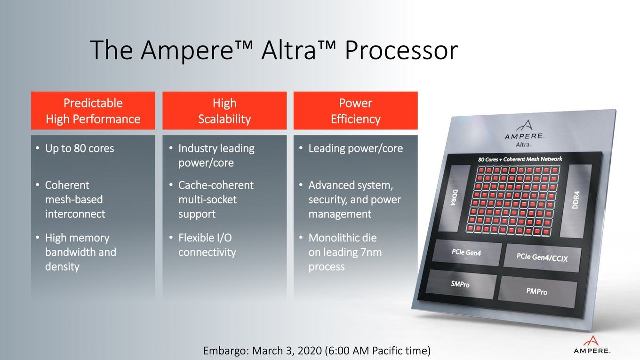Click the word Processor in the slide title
click(x=401, y=50)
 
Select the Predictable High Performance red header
click(x=93, y=111)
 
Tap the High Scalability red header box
click(x=224, y=111)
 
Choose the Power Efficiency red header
click(x=356, y=111)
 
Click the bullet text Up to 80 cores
click(x=80, y=149)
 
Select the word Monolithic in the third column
click(x=343, y=238)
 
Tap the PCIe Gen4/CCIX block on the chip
click(x=542, y=258)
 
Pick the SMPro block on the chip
click(x=461, y=284)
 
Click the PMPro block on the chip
click(x=537, y=291)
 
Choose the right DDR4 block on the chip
click(x=576, y=200)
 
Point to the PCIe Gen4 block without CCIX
click(x=466, y=252)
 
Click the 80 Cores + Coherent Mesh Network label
click(x=520, y=159)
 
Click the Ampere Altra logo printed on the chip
click(x=525, y=134)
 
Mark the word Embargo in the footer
click(x=226, y=351)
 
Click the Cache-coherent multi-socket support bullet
click(x=216, y=200)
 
